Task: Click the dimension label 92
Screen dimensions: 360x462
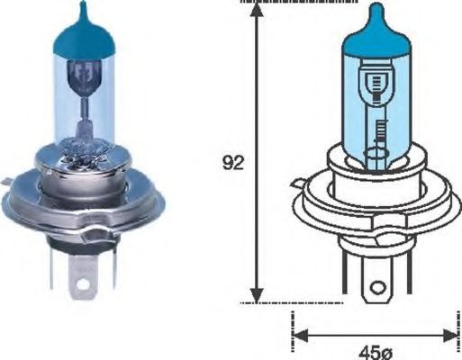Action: click(232, 164)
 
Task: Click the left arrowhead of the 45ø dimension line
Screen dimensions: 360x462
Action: click(301, 335)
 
